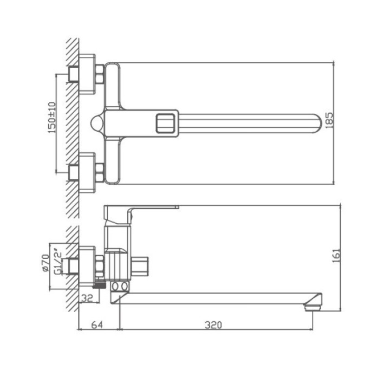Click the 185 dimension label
pyautogui.click(x=329, y=120)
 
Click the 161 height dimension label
pyautogui.click(x=336, y=255)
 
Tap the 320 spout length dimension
pyautogui.click(x=213, y=325)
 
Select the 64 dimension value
pyautogui.click(x=97, y=325)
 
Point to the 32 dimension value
pyautogui.click(x=87, y=298)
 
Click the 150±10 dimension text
pyautogui.click(x=52, y=118)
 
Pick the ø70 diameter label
pyautogui.click(x=45, y=263)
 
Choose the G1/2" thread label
pyautogui.click(x=58, y=261)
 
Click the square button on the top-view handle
pyautogui.click(x=165, y=123)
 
